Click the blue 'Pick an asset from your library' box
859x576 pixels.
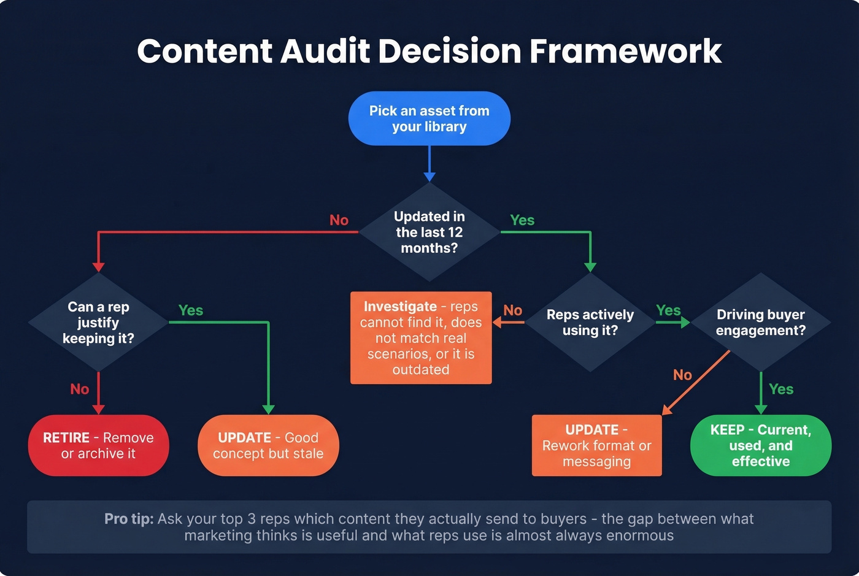point(429,118)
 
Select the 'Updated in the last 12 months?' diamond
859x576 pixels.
point(429,232)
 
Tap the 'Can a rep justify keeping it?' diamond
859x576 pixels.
point(98,323)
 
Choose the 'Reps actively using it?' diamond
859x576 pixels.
point(590,323)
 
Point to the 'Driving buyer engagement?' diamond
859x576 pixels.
point(760,323)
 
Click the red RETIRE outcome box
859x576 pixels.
point(98,445)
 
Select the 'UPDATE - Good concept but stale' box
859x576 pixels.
point(268,445)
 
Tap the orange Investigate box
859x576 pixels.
point(421,338)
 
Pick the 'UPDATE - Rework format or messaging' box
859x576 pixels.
point(596,445)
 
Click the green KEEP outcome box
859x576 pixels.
point(760,445)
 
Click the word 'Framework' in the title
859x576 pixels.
point(625,51)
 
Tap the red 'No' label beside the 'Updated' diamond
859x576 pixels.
point(339,220)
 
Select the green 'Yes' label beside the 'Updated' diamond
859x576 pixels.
point(522,220)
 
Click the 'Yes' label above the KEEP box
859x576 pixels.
point(781,389)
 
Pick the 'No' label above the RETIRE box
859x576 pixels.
point(80,389)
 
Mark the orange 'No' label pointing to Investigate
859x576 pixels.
point(513,310)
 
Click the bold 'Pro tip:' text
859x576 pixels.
point(129,519)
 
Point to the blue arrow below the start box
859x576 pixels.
point(429,163)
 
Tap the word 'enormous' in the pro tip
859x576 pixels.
point(640,536)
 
